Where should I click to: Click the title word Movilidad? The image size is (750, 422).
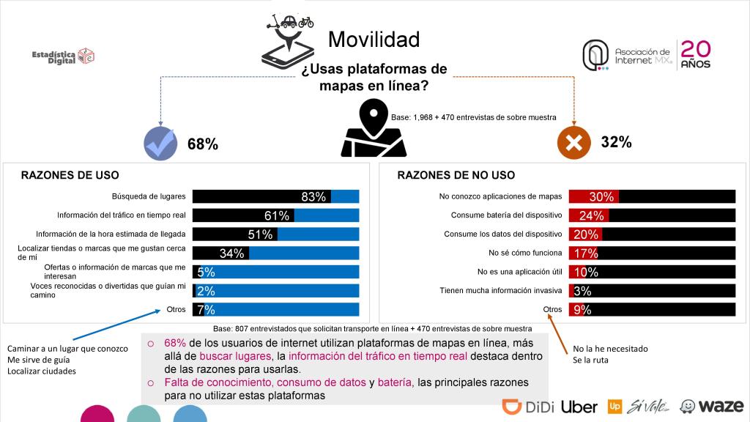pyautogui.click(x=374, y=39)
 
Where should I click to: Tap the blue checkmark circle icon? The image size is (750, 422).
pyautogui.click(x=160, y=143)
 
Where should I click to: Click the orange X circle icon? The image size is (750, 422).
pyautogui.click(x=574, y=143)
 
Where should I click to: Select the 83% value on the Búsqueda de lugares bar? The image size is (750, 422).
pyautogui.click(x=313, y=196)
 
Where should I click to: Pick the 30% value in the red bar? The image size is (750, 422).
pyautogui.click(x=601, y=196)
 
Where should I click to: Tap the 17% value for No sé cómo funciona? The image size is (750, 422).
pyautogui.click(x=586, y=253)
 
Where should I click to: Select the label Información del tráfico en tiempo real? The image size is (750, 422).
pyautogui.click(x=122, y=215)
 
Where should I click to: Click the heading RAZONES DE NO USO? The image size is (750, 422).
pyautogui.click(x=456, y=175)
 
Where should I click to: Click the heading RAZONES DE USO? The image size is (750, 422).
pyautogui.click(x=70, y=175)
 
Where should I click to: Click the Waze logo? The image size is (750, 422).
pyautogui.click(x=711, y=407)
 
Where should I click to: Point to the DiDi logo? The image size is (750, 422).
pyautogui.click(x=527, y=407)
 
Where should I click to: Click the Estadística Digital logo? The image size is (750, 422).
pyautogui.click(x=64, y=56)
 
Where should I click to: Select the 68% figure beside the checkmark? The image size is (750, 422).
pyautogui.click(x=203, y=144)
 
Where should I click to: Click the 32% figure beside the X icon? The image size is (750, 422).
pyautogui.click(x=616, y=143)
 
